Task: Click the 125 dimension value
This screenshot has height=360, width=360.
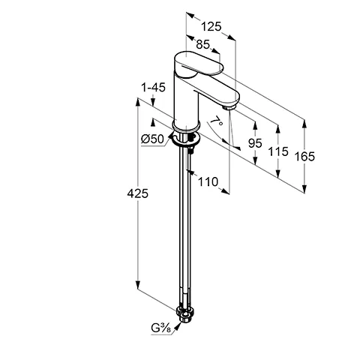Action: coord(211,26)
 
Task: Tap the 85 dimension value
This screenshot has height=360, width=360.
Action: coord(202,44)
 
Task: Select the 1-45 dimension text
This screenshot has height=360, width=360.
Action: coord(153,88)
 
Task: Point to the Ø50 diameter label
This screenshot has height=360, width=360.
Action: coord(152,139)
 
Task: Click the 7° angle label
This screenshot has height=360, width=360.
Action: coord(217,121)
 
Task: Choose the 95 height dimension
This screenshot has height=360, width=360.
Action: coord(255,143)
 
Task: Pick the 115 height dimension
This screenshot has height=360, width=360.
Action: coord(278,151)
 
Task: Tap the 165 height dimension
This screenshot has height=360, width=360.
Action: coord(304,157)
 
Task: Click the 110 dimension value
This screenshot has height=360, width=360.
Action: coord(208,181)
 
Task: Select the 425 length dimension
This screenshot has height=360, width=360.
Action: coord(137,193)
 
